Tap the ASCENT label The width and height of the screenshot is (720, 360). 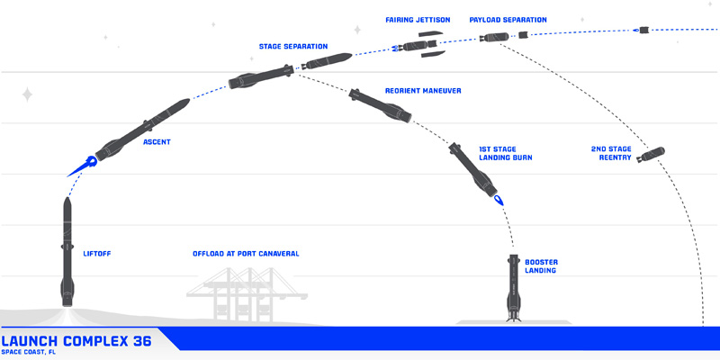[x=157, y=142]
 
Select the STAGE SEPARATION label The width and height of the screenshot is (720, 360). [x=293, y=46]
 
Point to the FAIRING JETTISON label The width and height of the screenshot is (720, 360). [x=418, y=20]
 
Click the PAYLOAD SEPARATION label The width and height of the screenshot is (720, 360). [x=508, y=20]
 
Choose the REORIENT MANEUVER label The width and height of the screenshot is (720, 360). [x=423, y=91]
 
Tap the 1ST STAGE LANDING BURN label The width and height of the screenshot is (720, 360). [x=505, y=152]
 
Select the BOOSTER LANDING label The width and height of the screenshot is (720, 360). [x=541, y=265]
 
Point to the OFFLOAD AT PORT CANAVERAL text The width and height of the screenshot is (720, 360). [x=246, y=254]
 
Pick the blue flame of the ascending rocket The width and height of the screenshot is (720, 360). [x=82, y=166]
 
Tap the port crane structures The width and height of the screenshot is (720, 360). [x=244, y=293]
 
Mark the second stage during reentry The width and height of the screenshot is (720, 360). [x=649, y=155]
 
